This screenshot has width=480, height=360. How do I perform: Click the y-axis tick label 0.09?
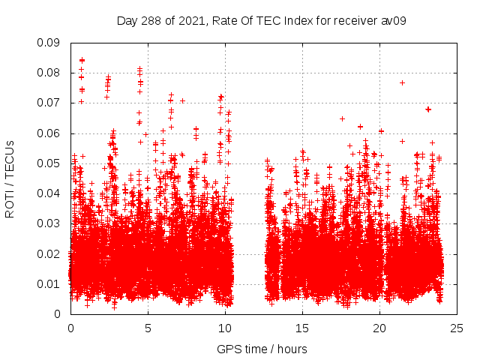[x=50, y=43]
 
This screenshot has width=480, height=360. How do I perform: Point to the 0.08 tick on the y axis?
[x=50, y=73]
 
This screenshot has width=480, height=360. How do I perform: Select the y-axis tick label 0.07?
[x=50, y=103]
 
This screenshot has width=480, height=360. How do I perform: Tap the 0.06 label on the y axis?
[x=50, y=133]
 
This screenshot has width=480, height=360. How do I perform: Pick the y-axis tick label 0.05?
[x=50, y=163]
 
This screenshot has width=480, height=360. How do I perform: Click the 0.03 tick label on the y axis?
[x=50, y=223]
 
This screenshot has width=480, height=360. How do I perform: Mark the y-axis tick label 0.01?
[x=50, y=283]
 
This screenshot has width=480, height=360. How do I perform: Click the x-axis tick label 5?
[x=148, y=328]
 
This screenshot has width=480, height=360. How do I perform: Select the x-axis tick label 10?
[x=225, y=328]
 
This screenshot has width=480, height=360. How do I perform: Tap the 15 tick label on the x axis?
[x=302, y=328]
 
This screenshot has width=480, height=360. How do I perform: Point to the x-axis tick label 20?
[x=379, y=328]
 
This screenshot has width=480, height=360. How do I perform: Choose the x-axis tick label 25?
[x=457, y=328]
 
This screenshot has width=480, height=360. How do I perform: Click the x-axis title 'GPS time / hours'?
[x=262, y=349]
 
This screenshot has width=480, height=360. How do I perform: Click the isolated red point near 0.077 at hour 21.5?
[x=403, y=82]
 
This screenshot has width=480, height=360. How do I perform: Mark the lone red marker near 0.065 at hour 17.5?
[x=342, y=118]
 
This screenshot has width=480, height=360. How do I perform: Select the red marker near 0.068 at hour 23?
[x=428, y=109]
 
